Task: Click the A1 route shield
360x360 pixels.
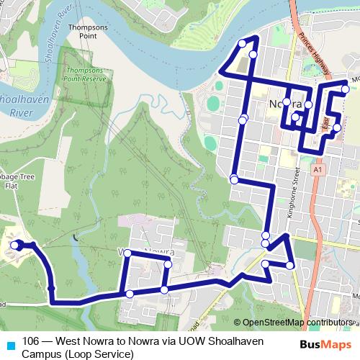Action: tap(317, 168)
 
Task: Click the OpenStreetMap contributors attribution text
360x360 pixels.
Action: tap(297, 322)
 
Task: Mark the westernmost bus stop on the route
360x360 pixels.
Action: tap(15, 246)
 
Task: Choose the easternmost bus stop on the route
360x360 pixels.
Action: tap(346, 89)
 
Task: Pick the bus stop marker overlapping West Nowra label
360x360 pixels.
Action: tap(127, 253)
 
